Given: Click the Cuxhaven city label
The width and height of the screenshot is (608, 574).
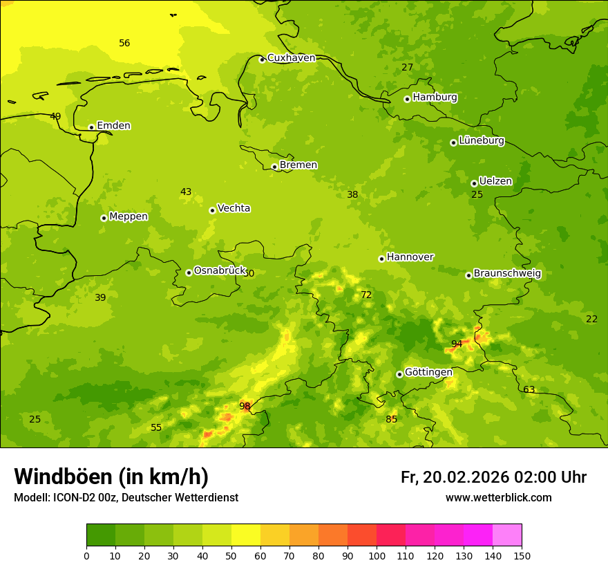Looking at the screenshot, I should (291, 58).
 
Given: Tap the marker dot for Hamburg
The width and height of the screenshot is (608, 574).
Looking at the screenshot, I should (407, 99).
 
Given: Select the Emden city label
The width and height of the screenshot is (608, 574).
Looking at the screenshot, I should (113, 126).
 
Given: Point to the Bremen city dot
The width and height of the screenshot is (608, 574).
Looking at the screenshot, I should (274, 167).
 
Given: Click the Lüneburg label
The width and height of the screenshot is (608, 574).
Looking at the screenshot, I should (481, 141).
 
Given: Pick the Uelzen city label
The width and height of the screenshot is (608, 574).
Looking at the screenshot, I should (495, 182).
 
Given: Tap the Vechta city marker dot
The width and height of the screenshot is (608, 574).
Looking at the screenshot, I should (212, 210).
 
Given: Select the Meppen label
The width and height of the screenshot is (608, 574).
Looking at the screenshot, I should (128, 216).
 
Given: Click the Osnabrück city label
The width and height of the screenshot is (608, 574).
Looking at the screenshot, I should (220, 271).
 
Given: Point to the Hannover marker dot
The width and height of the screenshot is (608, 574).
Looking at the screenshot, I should (381, 259).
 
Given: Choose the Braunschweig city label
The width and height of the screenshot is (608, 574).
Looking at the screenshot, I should (507, 274).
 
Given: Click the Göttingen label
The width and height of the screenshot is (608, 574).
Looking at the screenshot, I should (428, 373).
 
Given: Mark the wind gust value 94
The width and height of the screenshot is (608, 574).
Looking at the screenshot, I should (457, 344).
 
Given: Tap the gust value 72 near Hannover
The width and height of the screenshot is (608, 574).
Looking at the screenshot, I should (366, 295).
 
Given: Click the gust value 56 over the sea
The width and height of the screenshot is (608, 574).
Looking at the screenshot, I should (124, 44).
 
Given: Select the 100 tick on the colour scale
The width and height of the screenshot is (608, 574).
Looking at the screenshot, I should (377, 555).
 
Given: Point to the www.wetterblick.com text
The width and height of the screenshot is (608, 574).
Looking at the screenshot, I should (498, 498).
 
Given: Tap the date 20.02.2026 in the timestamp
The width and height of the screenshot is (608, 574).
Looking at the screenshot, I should (466, 477).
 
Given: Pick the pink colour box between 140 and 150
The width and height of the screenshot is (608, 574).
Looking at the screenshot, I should (507, 535).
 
